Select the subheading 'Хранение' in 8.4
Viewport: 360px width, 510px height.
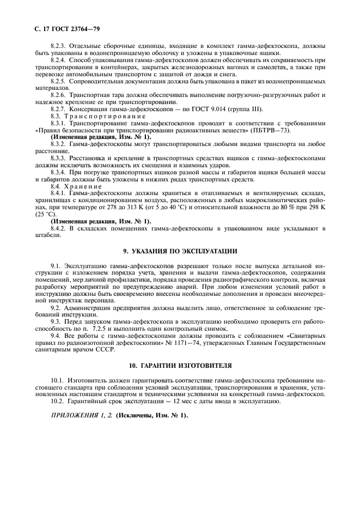point(82,186)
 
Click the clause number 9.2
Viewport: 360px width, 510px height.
point(57,308)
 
